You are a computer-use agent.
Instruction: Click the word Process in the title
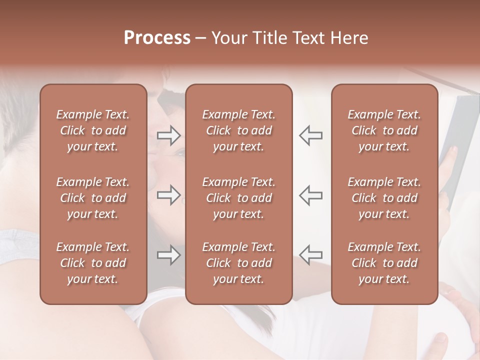point(157,38)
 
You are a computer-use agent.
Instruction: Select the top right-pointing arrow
point(169,135)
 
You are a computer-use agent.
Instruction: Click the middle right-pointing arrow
point(169,195)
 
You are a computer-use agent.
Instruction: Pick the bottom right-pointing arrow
point(169,255)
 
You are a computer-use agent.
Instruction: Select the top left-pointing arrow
point(310,135)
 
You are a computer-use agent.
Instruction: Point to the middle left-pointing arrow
point(310,195)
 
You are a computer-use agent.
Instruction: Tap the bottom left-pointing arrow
point(310,255)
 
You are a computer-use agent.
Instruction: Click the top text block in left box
point(93,130)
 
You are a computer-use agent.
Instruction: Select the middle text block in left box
point(93,198)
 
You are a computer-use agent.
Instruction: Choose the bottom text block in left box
point(93,263)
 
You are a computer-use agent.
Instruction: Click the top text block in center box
point(238,130)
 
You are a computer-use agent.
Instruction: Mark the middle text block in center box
point(238,198)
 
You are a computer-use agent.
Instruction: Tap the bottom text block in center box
point(238,263)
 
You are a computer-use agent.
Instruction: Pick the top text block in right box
point(384,130)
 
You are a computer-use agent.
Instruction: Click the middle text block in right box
point(384,198)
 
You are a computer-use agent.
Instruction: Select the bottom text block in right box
point(384,263)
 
